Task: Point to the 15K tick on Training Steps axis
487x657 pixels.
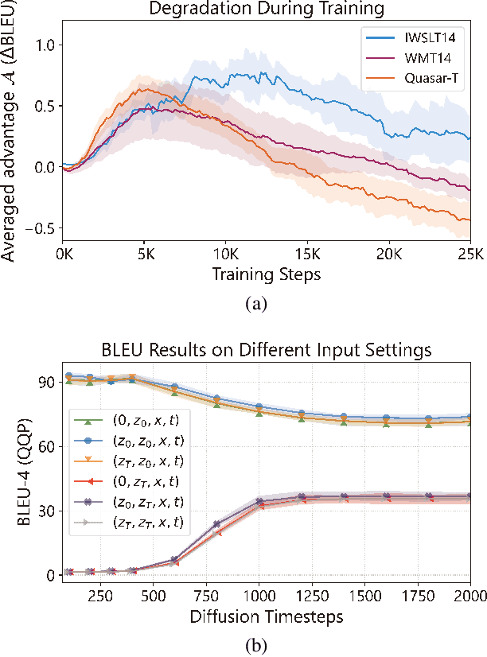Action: pyautogui.click(x=307, y=256)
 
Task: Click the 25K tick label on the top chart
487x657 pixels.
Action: pyautogui.click(x=470, y=256)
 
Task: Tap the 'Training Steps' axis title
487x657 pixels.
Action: pyautogui.click(x=266, y=274)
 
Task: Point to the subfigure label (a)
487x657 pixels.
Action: pyautogui.click(x=265, y=303)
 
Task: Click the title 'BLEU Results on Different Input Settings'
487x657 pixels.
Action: pyautogui.click(x=265, y=350)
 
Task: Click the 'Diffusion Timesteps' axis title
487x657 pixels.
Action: pyautogui.click(x=265, y=616)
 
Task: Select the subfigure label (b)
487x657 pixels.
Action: pyautogui.click(x=265, y=645)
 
